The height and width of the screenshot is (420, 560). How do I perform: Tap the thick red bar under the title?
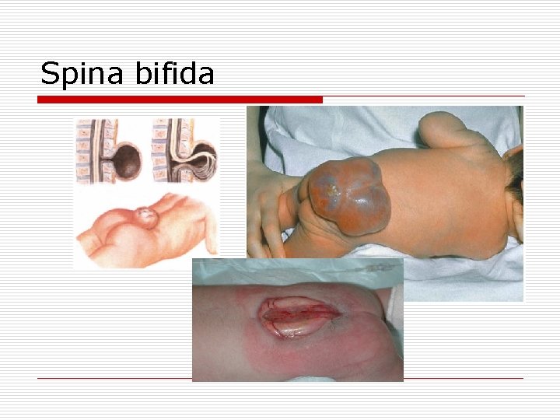coord(180,100)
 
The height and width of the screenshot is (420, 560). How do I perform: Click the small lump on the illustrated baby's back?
coord(145,215)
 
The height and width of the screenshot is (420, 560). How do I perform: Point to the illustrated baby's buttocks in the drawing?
coord(109,233)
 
